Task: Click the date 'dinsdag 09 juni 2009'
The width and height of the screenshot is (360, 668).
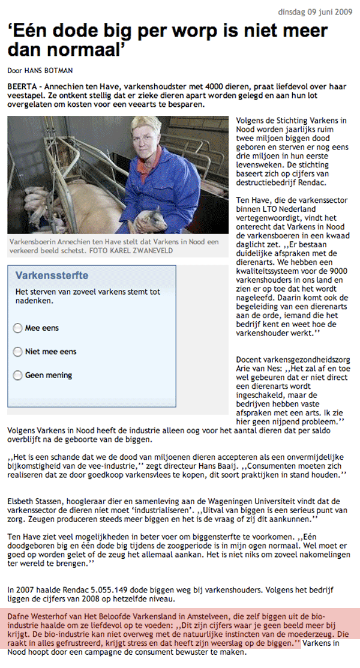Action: (x=313, y=12)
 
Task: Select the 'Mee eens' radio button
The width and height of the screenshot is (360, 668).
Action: (x=18, y=328)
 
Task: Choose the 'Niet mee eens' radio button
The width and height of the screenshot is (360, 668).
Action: (x=18, y=351)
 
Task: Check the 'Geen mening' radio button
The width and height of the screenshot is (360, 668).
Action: (x=18, y=375)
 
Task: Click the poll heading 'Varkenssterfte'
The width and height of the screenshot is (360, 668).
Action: (x=52, y=276)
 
